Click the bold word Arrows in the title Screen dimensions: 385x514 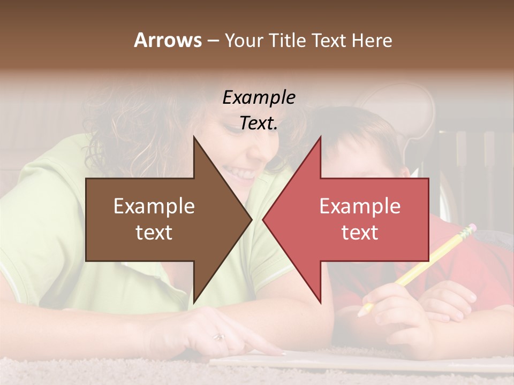[x=168, y=40]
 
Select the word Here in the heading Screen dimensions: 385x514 [x=372, y=40]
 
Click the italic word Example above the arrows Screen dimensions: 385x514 [x=259, y=97]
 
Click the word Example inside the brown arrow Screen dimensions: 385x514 [x=154, y=206]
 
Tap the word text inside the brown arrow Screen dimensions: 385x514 [x=154, y=233]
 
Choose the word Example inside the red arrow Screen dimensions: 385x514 [x=360, y=206]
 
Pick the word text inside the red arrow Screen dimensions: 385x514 [x=360, y=233]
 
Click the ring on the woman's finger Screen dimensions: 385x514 [x=219, y=337]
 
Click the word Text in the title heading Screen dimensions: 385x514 [x=329, y=40]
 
